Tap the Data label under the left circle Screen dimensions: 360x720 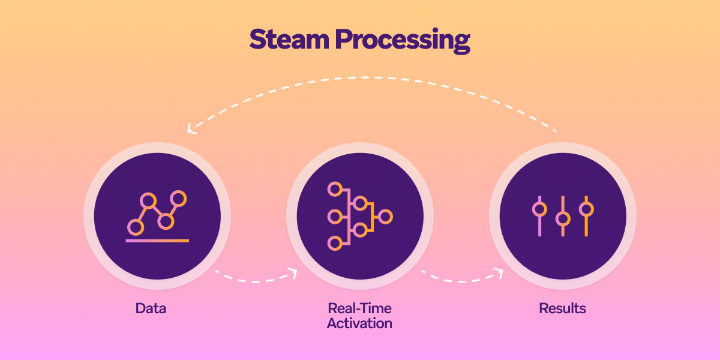point(151,309)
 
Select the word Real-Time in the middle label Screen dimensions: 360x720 point(359,309)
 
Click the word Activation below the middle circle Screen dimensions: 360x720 point(359,324)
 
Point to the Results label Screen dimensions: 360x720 point(562,309)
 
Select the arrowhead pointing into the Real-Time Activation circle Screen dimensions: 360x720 point(292,273)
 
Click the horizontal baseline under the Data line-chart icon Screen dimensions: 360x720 point(157,241)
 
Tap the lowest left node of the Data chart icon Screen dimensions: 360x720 point(136,227)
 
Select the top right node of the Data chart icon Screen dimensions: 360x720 point(178,198)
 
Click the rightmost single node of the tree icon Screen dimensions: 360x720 point(385,217)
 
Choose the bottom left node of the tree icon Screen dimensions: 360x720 point(334,243)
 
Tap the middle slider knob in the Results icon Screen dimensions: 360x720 point(563,218)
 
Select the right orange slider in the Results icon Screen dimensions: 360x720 point(586,209)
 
